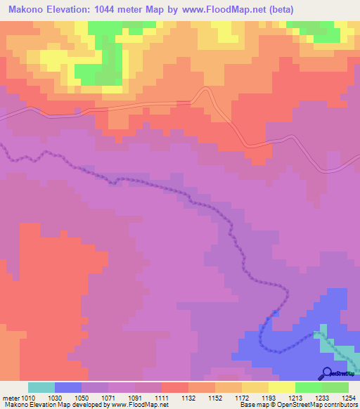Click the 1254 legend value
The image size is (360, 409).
pos(339,398)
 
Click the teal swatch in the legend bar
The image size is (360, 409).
pos(41,387)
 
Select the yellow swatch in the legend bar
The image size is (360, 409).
pos(281,387)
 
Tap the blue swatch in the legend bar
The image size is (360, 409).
pos(68,387)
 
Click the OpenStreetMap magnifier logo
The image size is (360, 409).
pos(327,373)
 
